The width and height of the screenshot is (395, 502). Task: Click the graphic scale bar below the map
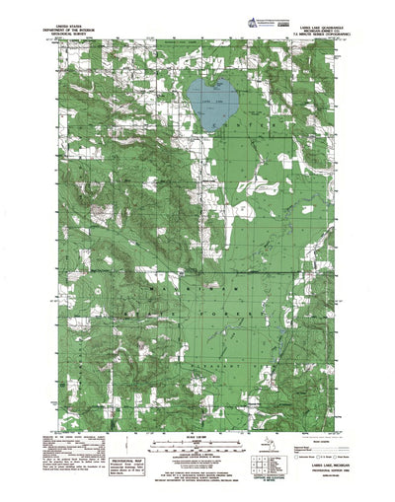(198, 432)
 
